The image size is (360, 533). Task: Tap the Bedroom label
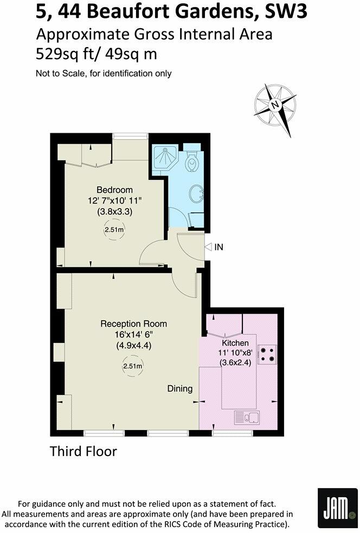point(114,190)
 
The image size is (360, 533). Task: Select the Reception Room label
point(133,324)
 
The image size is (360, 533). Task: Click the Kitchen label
point(235,343)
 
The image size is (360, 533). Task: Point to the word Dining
point(179,388)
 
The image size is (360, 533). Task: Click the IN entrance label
point(219,247)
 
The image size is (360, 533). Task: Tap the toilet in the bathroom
point(192,160)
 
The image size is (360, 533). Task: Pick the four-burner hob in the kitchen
point(267,354)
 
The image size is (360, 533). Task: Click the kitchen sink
point(247,418)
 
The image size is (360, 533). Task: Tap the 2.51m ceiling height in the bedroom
point(114,230)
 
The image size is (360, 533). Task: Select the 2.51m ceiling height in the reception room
point(133,366)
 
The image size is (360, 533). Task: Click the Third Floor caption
point(83,451)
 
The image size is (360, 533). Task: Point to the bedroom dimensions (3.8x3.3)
point(114,212)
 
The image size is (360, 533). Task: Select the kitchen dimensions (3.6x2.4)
point(235,364)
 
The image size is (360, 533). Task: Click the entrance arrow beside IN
point(209,247)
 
